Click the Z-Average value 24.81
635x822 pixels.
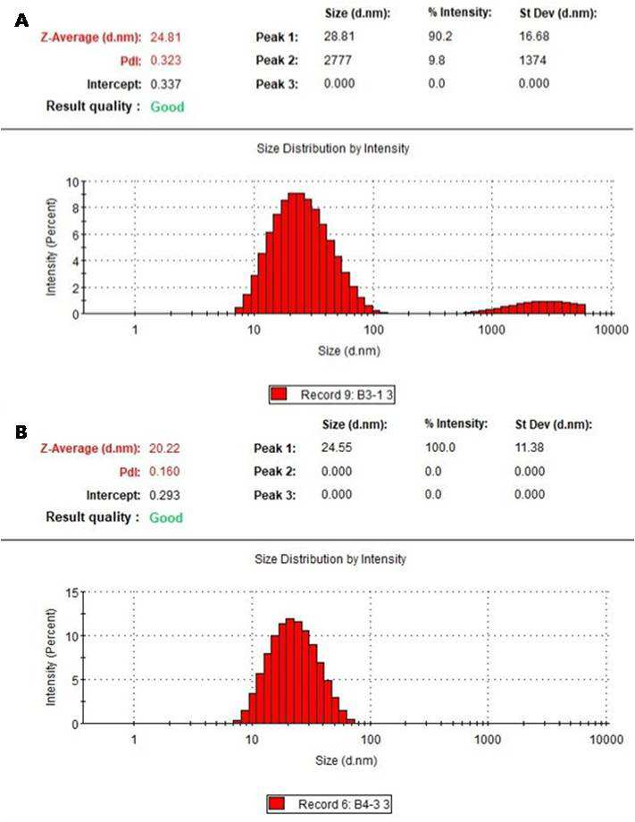point(165,38)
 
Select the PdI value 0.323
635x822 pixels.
point(165,60)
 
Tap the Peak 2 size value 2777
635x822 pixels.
point(338,60)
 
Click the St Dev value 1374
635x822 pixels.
point(532,60)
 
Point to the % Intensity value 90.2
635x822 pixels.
point(440,36)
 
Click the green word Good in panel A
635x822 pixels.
point(167,106)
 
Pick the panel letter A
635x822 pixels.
point(21,21)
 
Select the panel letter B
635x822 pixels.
point(21,432)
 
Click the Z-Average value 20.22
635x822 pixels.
point(164,449)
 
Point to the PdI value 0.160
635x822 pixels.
point(164,471)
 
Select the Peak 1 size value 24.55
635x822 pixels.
point(337,447)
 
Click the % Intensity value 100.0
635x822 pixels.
point(440,447)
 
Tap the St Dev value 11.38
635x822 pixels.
point(529,447)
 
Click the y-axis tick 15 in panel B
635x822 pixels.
point(72,593)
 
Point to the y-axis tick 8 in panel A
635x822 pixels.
point(75,208)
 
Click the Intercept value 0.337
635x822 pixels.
point(165,84)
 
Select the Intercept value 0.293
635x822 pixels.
point(164,495)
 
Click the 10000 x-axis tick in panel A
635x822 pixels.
point(611,330)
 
